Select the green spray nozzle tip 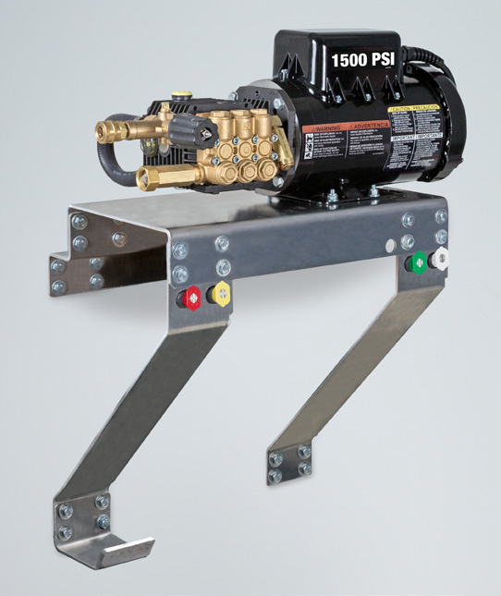click(x=419, y=262)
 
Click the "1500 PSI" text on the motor click(x=368, y=59)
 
